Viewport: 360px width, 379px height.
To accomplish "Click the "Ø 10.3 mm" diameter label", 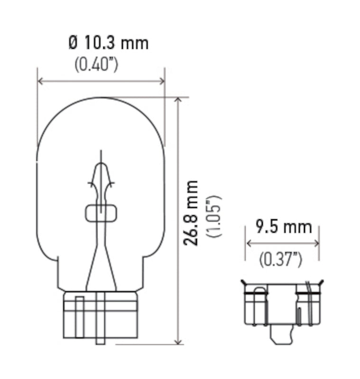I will [108, 43].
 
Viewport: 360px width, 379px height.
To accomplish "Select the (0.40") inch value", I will [96, 64].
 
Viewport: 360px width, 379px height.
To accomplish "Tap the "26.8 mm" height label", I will [191, 212].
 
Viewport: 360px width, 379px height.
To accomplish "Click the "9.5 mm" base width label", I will [283, 227].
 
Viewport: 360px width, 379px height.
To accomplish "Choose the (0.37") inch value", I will [281, 259].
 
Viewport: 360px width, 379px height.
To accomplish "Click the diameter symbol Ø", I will [73, 43].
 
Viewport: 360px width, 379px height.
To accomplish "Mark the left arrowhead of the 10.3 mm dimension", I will [40, 81].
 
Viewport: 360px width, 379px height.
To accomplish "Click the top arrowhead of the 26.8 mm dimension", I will [178, 101].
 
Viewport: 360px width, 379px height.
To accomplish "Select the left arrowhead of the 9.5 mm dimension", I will [248, 244].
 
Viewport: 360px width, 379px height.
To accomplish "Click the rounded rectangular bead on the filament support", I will [101, 214].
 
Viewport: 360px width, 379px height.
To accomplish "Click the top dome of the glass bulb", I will [101, 102].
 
